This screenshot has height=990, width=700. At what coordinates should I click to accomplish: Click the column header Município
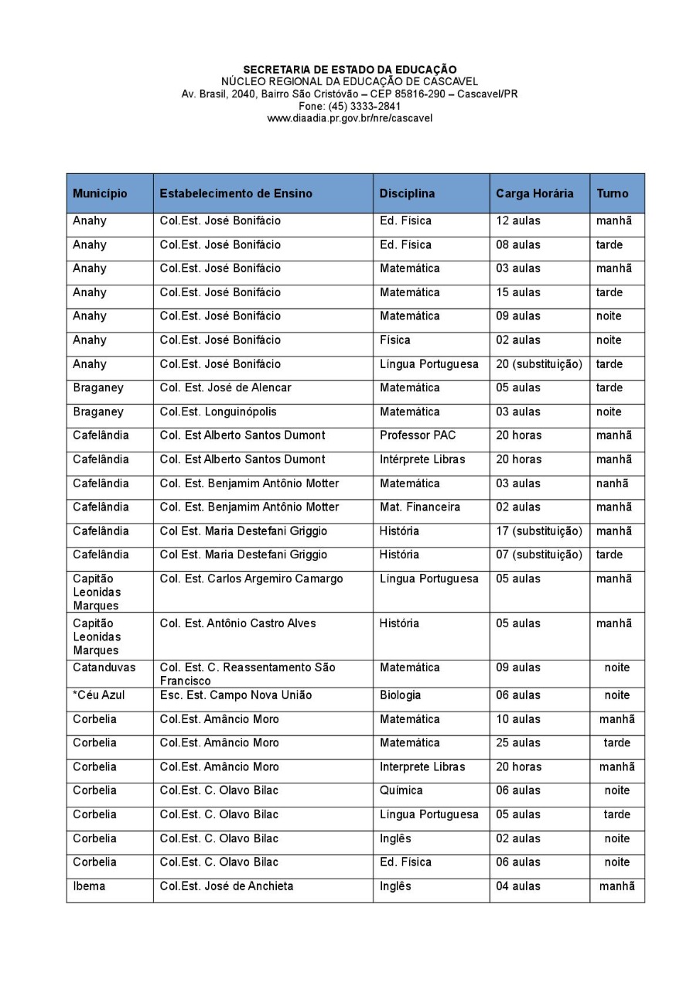tap(100, 193)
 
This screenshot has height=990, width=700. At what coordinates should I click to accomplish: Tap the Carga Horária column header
tap(534, 193)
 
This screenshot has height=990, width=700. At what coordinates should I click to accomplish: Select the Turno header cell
tap(612, 193)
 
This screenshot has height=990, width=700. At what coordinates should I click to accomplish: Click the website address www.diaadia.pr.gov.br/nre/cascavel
tap(350, 118)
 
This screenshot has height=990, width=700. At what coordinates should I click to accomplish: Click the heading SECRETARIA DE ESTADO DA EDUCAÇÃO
tap(350, 70)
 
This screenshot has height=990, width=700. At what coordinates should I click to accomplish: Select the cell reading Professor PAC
tap(418, 435)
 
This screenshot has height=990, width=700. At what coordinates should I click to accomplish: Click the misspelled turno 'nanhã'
tap(612, 483)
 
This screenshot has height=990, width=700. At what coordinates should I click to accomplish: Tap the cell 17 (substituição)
tap(538, 531)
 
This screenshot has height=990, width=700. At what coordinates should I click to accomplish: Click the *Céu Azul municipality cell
tap(98, 695)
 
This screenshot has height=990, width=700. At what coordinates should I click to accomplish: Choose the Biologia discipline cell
tap(400, 695)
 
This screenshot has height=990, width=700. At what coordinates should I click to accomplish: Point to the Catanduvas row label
tap(104, 667)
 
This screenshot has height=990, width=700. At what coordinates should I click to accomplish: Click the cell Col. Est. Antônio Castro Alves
tap(237, 623)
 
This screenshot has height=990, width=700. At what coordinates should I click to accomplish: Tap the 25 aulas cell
tap(518, 742)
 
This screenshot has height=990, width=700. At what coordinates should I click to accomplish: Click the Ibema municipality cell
tap(89, 886)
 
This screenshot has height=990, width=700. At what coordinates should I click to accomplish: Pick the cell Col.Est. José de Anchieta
tap(227, 886)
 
